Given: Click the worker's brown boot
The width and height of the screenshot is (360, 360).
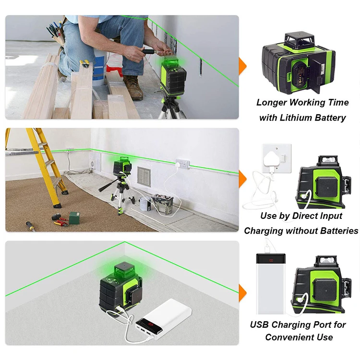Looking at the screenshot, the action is [133, 87].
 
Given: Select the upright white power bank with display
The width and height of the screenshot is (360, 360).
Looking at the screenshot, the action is [271, 284].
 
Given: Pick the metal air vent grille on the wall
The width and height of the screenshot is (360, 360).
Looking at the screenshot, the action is [144, 177].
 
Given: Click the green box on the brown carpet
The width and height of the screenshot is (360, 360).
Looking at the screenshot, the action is [74, 217].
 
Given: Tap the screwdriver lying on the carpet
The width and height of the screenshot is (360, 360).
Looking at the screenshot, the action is [30, 226].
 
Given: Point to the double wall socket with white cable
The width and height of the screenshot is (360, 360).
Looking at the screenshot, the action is [183, 164].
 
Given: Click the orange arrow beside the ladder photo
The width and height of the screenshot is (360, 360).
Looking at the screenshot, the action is [242, 179].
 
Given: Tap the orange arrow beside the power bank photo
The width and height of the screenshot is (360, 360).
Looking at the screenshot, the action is [242, 293].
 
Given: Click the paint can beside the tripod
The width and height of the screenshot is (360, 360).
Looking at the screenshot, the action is [145, 204].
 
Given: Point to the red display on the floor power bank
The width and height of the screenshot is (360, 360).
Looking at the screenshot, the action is [151, 324].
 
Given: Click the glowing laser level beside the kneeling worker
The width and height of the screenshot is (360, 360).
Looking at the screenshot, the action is [173, 76].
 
